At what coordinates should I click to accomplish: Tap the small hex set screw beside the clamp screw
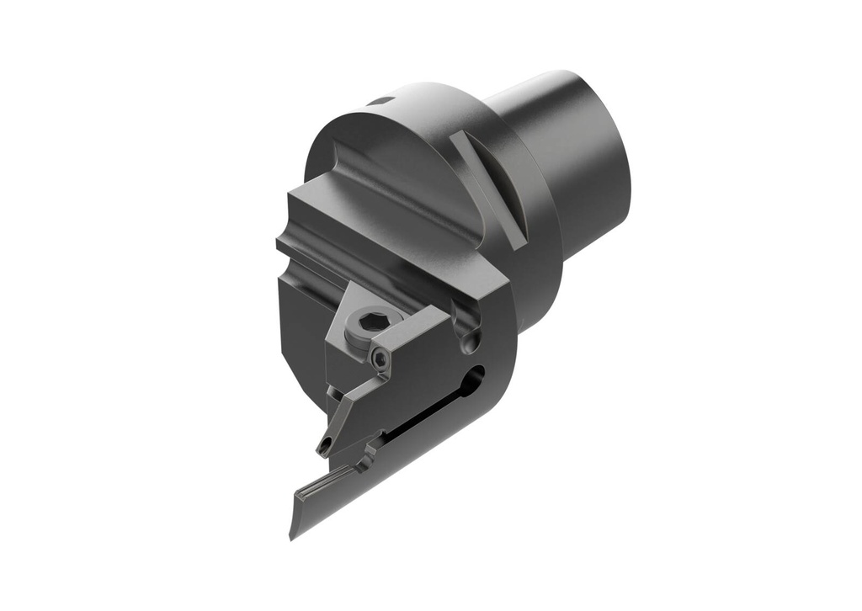[x=381, y=359]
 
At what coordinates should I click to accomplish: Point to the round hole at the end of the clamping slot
[x=477, y=375]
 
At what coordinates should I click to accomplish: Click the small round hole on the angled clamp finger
[x=324, y=445]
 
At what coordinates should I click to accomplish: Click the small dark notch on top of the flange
[x=380, y=101]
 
